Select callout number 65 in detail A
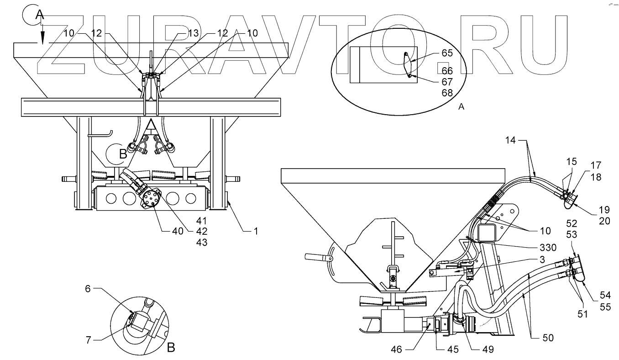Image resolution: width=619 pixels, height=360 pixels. click(447, 53)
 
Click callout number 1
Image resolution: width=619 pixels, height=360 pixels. click(256, 231)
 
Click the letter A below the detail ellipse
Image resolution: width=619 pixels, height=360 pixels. click(461, 106)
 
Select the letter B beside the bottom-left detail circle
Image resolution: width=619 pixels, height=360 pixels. click(171, 348)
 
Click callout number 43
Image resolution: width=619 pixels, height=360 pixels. click(201, 242)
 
